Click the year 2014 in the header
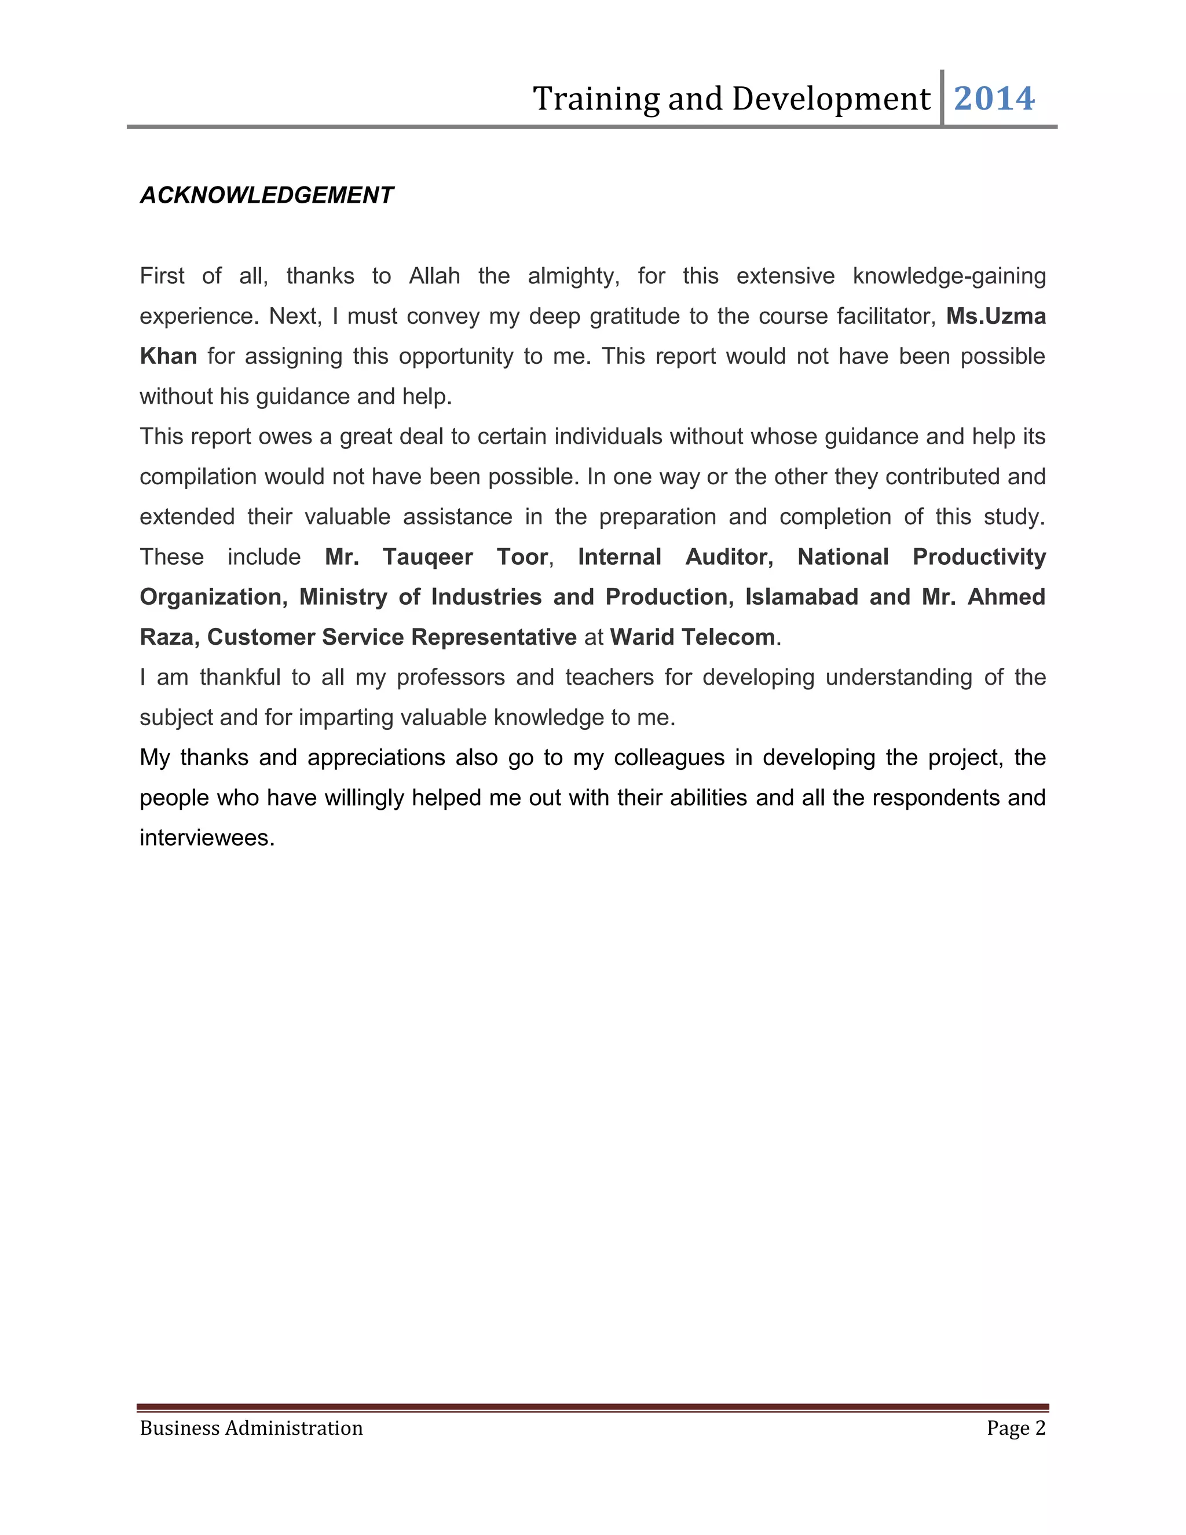(994, 98)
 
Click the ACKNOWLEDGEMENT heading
(266, 195)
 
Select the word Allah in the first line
(434, 276)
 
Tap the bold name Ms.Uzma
(995, 316)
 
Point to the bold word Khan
(168, 356)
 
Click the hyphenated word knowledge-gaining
(949, 276)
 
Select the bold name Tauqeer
(427, 557)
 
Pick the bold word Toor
(522, 557)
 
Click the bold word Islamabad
(801, 597)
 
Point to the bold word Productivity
(979, 557)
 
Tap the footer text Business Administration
(251, 1428)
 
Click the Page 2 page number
(1015, 1428)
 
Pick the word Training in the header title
(596, 99)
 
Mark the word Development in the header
(830, 99)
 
